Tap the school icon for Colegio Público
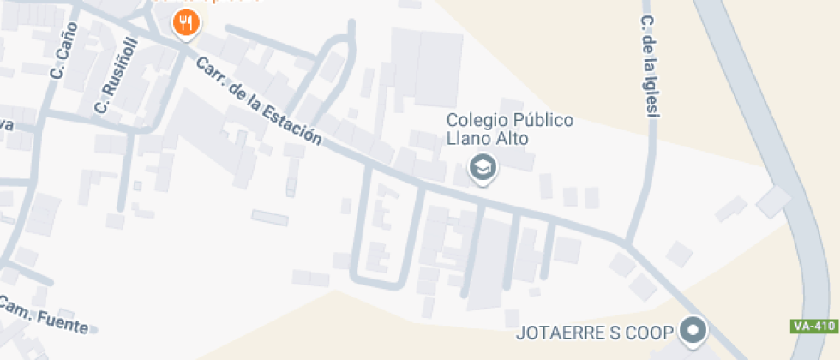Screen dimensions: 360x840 [483, 167]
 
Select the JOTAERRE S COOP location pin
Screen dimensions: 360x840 [693, 330]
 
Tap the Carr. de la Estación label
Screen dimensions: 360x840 [259, 102]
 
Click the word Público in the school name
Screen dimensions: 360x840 [543, 121]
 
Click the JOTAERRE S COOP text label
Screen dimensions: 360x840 [594, 333]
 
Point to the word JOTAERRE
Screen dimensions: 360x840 [559, 333]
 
